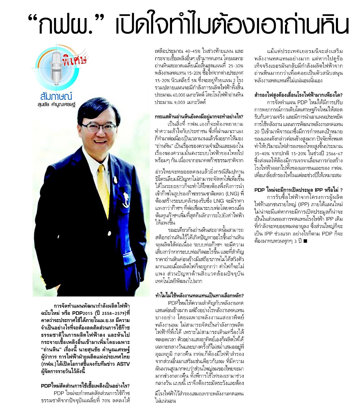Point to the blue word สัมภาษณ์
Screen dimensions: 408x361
tap(56, 96)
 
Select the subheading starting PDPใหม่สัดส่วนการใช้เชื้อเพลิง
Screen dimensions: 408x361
tap(85, 386)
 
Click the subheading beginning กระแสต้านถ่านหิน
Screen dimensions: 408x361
tap(199, 116)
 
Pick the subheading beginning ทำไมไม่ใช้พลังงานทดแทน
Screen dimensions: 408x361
tap(199, 296)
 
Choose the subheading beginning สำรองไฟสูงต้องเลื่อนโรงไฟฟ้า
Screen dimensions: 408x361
tap(298, 95)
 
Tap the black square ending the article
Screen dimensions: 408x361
tap(305, 241)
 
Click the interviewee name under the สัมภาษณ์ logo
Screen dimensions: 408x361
tap(56, 105)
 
